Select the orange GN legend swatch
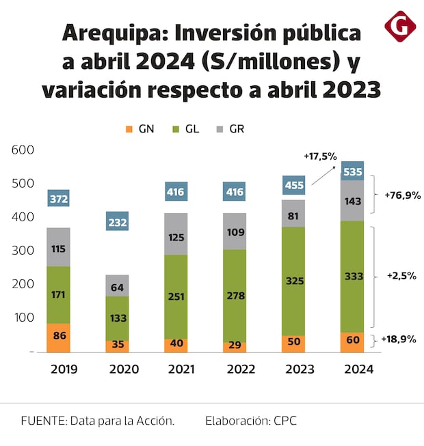click(x=128, y=128)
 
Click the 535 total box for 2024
click(x=352, y=171)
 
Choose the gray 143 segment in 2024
click(x=352, y=201)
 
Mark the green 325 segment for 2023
click(x=293, y=281)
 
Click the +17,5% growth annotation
click(x=320, y=156)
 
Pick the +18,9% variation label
click(x=399, y=339)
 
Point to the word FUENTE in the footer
click(x=40, y=421)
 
